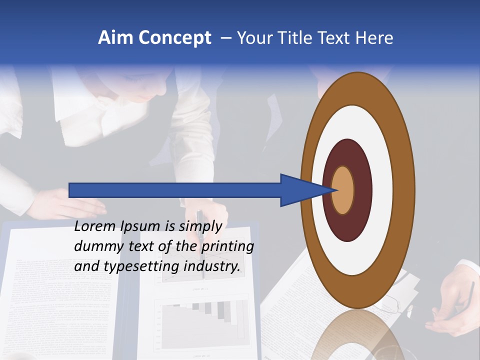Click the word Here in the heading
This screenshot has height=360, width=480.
374,38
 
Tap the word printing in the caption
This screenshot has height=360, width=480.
227,247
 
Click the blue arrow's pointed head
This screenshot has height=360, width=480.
305,190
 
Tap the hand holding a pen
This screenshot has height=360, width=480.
455,305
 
